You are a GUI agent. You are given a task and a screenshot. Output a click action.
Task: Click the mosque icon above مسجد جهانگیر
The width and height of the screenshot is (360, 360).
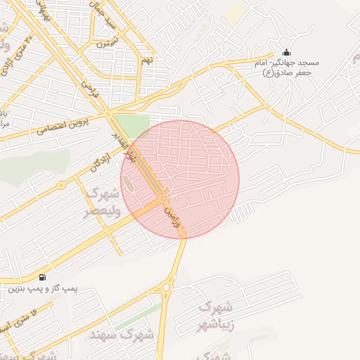pos(286,53)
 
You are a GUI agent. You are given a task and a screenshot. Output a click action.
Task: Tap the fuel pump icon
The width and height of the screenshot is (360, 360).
pos(44,277)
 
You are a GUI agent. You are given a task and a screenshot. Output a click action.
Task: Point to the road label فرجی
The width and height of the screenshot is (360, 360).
pos(87,88)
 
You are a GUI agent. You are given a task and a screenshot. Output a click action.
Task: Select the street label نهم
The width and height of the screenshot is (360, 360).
pos(146,60)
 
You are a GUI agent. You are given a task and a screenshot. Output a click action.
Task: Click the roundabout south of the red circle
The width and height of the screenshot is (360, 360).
pos(167,287)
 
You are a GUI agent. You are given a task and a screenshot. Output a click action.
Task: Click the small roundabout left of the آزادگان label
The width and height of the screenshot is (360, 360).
pos(62,186)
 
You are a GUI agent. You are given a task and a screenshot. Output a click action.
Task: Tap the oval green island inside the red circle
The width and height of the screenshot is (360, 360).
pos(127,184)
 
